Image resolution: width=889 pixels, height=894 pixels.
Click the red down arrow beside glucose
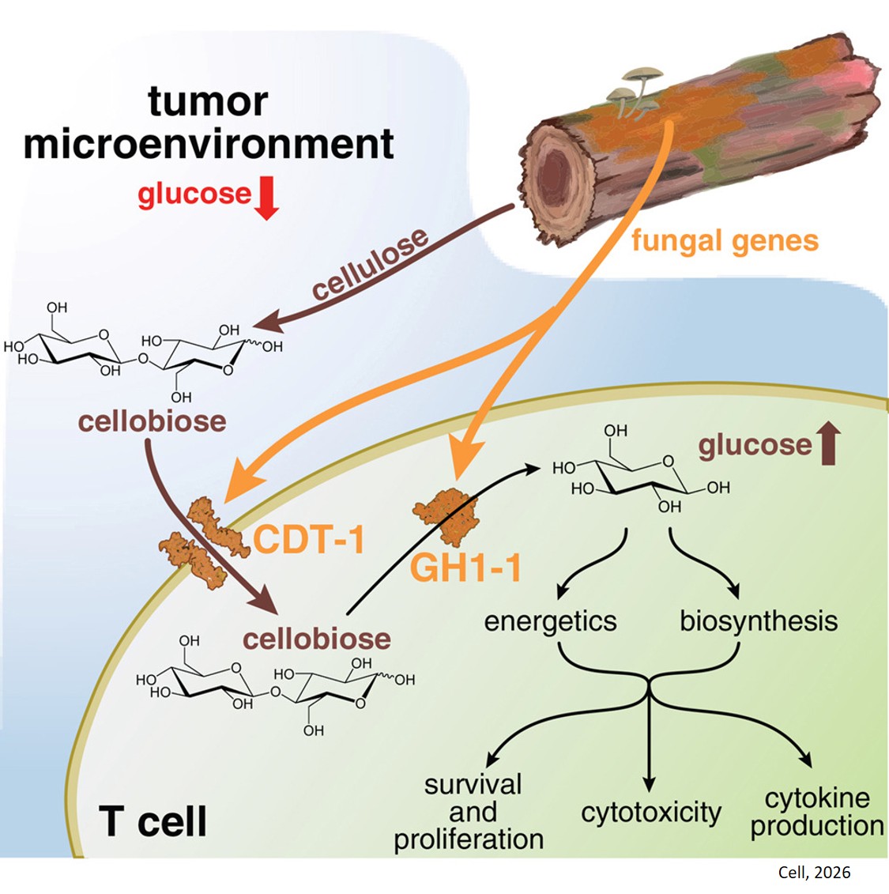(267, 198)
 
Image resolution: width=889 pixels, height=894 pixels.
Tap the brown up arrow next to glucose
(827, 443)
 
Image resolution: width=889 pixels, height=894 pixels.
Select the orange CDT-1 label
(309, 539)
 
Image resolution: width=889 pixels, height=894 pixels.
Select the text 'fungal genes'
(725, 240)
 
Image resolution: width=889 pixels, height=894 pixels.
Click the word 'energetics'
(550, 621)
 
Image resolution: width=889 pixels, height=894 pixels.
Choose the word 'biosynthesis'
(759, 621)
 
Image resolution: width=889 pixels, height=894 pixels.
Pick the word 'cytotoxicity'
(651, 813)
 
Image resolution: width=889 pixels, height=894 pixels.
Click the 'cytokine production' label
(817, 812)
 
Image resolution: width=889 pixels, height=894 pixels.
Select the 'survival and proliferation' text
(469, 812)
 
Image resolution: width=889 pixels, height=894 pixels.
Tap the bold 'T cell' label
(153, 822)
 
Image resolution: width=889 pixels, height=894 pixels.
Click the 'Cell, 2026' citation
(814, 873)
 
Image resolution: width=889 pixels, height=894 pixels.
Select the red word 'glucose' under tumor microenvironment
(194, 194)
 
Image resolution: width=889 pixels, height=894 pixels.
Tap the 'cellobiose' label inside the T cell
(317, 638)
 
